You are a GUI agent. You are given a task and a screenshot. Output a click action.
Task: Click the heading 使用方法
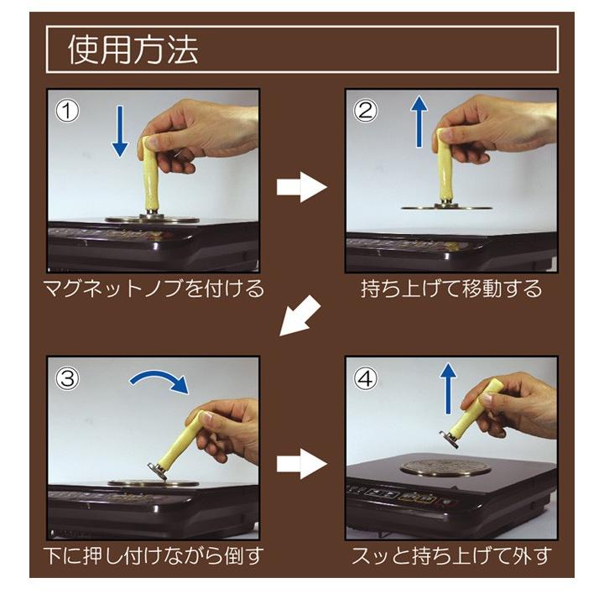tap(133, 49)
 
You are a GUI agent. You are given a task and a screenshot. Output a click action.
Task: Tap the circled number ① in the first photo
tap(67, 111)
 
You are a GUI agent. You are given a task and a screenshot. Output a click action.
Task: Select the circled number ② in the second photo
tap(365, 111)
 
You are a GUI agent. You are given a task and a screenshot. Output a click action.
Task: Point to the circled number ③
tap(67, 378)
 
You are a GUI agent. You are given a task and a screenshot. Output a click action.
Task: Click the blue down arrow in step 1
tap(120, 131)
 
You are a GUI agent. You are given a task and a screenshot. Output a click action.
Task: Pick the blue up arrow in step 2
tap(419, 122)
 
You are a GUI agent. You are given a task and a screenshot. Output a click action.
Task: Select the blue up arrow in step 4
tap(448, 388)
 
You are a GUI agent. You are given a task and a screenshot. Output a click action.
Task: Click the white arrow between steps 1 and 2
tap(302, 187)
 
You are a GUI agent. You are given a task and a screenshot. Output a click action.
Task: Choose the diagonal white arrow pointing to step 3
tap(299, 316)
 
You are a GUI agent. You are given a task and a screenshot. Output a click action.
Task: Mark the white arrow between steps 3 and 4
tap(302, 464)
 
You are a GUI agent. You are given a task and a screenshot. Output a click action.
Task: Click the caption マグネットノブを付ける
tap(154, 289)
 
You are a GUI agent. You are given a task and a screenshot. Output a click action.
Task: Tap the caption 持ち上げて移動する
tap(451, 289)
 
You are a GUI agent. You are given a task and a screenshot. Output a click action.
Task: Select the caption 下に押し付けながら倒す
tap(154, 556)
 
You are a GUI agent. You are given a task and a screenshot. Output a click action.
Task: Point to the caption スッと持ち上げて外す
tap(451, 556)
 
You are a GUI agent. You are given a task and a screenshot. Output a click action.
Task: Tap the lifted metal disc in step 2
tap(446, 208)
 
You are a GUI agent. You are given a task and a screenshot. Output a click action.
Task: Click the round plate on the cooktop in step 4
tap(445, 467)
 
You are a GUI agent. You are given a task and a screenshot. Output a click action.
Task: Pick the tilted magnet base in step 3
tap(158, 471)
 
